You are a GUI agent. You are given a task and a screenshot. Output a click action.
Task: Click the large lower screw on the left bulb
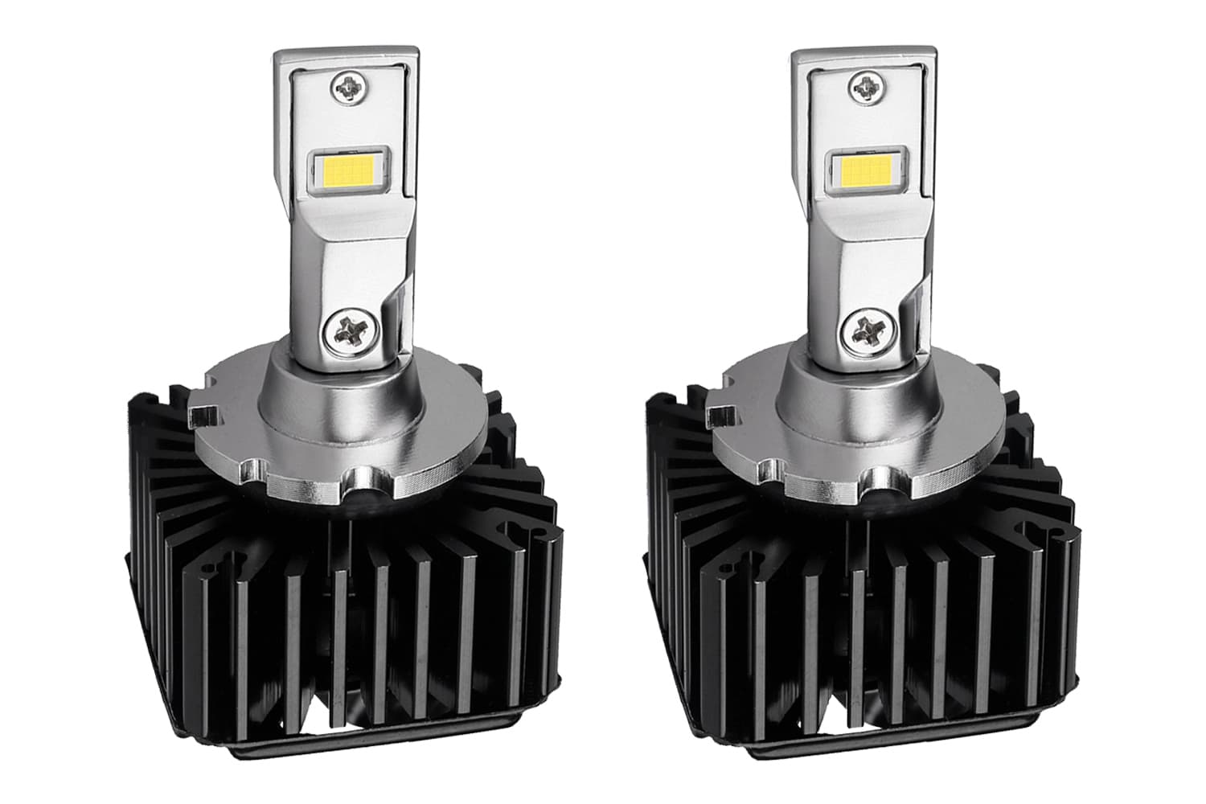click(x=347, y=330)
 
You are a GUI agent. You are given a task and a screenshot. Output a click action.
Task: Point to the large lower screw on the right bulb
click(x=866, y=330)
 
